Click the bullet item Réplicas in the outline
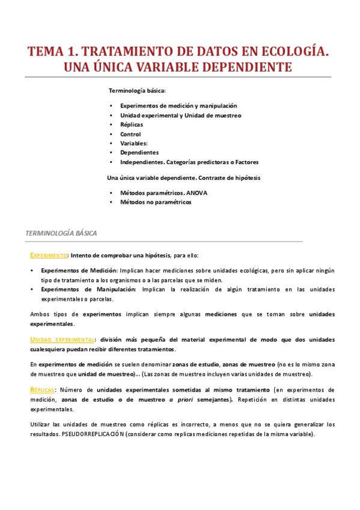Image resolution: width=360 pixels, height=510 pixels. point(132,124)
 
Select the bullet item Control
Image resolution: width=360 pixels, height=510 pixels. point(130,134)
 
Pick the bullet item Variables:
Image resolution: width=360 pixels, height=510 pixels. point(133,143)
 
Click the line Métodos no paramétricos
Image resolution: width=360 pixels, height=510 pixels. point(155,203)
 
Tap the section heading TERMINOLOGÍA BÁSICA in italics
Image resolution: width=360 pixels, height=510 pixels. point(61,233)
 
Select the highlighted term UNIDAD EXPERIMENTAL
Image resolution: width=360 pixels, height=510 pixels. point(63,339)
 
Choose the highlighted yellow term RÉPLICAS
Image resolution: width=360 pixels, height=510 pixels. point(42,390)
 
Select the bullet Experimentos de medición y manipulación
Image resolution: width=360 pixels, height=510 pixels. point(178,105)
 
